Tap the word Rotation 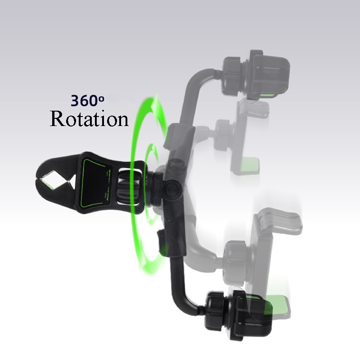click(x=89, y=119)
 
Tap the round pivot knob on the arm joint click(x=171, y=187)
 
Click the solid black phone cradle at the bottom click(x=252, y=310)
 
